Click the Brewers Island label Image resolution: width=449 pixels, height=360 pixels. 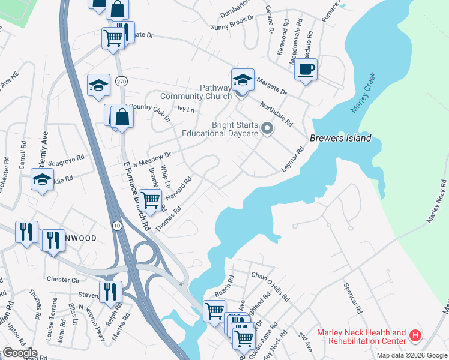(340, 139)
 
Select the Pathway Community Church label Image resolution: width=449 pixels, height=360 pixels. (196, 92)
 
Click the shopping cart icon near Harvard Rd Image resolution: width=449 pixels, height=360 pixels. (151, 199)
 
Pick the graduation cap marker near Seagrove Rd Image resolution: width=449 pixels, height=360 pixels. (43, 179)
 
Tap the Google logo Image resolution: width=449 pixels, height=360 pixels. (20, 352)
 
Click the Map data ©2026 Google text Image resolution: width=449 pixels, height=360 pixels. (412, 355)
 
